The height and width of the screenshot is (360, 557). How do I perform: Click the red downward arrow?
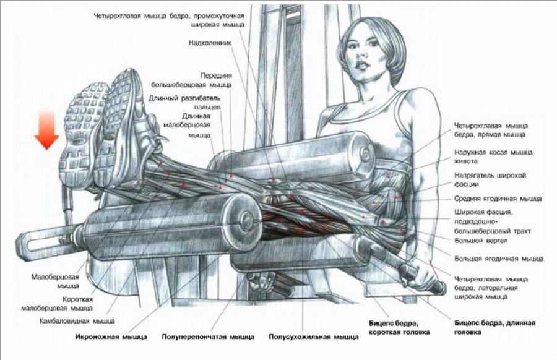point(47,131)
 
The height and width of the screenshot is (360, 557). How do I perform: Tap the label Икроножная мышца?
point(111,337)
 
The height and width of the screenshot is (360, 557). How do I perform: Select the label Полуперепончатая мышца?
point(207,337)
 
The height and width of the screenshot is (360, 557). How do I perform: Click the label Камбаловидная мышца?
point(77,321)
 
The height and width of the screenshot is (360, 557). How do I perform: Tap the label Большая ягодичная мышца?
point(498,258)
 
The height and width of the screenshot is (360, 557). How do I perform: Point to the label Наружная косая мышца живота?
point(493,156)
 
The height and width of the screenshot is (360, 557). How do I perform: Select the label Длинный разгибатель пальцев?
point(184,101)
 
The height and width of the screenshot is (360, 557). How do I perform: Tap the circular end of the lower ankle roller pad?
point(244,220)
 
